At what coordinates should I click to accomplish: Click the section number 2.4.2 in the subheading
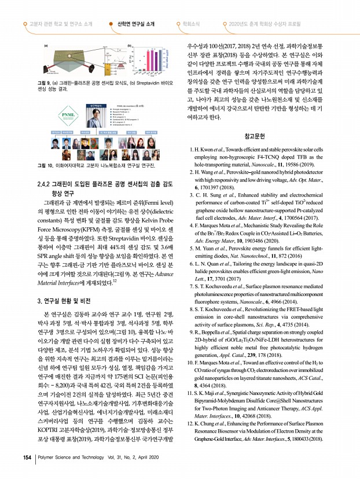[x=46, y=184]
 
